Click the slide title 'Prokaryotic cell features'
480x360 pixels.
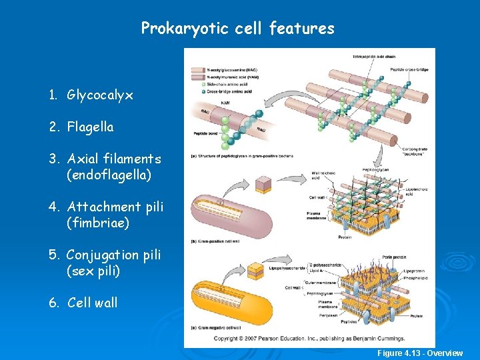pos(237,29)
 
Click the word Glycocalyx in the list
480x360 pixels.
pos(100,95)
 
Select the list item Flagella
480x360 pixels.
pos(91,127)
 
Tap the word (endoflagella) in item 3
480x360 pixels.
pos(109,175)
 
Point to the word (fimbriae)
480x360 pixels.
pos(98,223)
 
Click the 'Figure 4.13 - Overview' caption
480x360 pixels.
pos(420,353)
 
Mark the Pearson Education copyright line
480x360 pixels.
pos(307,339)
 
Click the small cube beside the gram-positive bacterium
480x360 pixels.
pos(262,184)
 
